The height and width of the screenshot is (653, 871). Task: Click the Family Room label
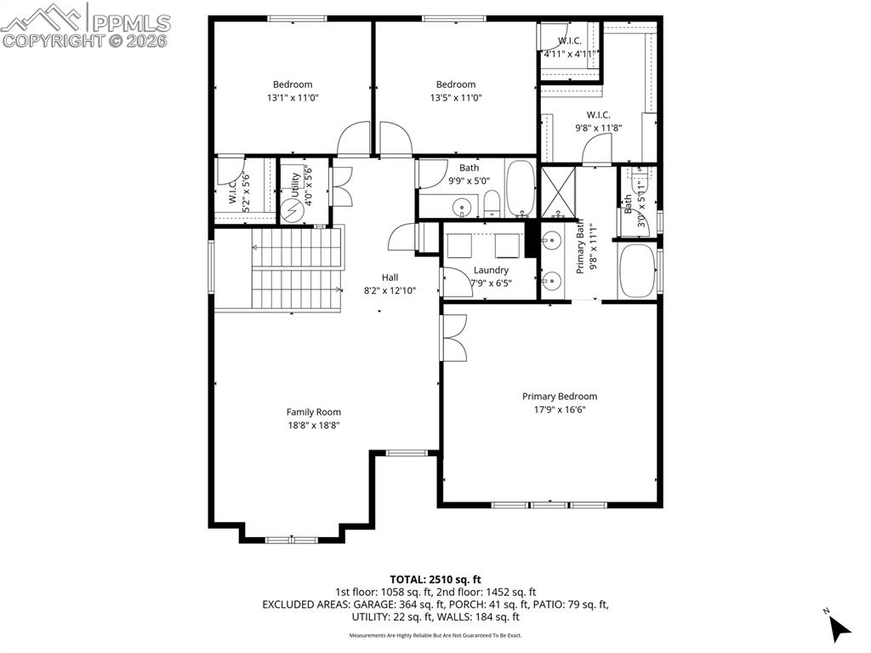313,412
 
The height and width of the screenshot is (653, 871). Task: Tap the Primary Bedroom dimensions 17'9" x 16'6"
559,410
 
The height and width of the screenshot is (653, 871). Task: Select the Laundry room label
491,271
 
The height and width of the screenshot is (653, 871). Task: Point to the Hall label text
390,278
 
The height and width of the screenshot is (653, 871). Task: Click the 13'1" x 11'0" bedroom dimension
292,98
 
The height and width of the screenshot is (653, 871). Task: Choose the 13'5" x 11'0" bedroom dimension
456,98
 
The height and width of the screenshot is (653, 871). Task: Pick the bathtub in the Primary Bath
637,272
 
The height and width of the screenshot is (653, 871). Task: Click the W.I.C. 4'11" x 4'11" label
568,48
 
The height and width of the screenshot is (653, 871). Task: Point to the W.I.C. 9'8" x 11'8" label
598,122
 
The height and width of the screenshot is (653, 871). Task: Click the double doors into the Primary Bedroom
453,339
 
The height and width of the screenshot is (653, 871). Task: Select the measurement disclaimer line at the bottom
435,635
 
